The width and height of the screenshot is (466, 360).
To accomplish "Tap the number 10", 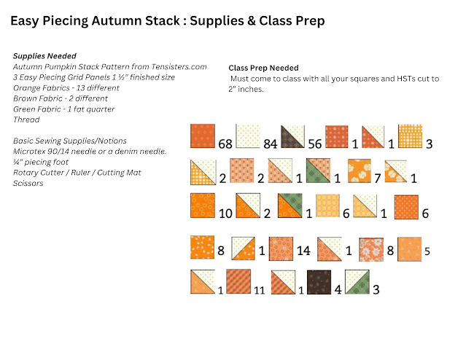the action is (225, 214).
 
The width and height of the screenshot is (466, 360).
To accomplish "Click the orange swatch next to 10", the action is (203, 206).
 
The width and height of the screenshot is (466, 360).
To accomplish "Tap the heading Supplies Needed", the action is (44, 55).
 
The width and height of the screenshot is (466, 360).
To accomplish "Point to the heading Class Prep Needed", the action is (263, 68).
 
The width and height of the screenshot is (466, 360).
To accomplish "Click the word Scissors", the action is (28, 183).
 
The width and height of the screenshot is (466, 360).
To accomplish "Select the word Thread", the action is (27, 120).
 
